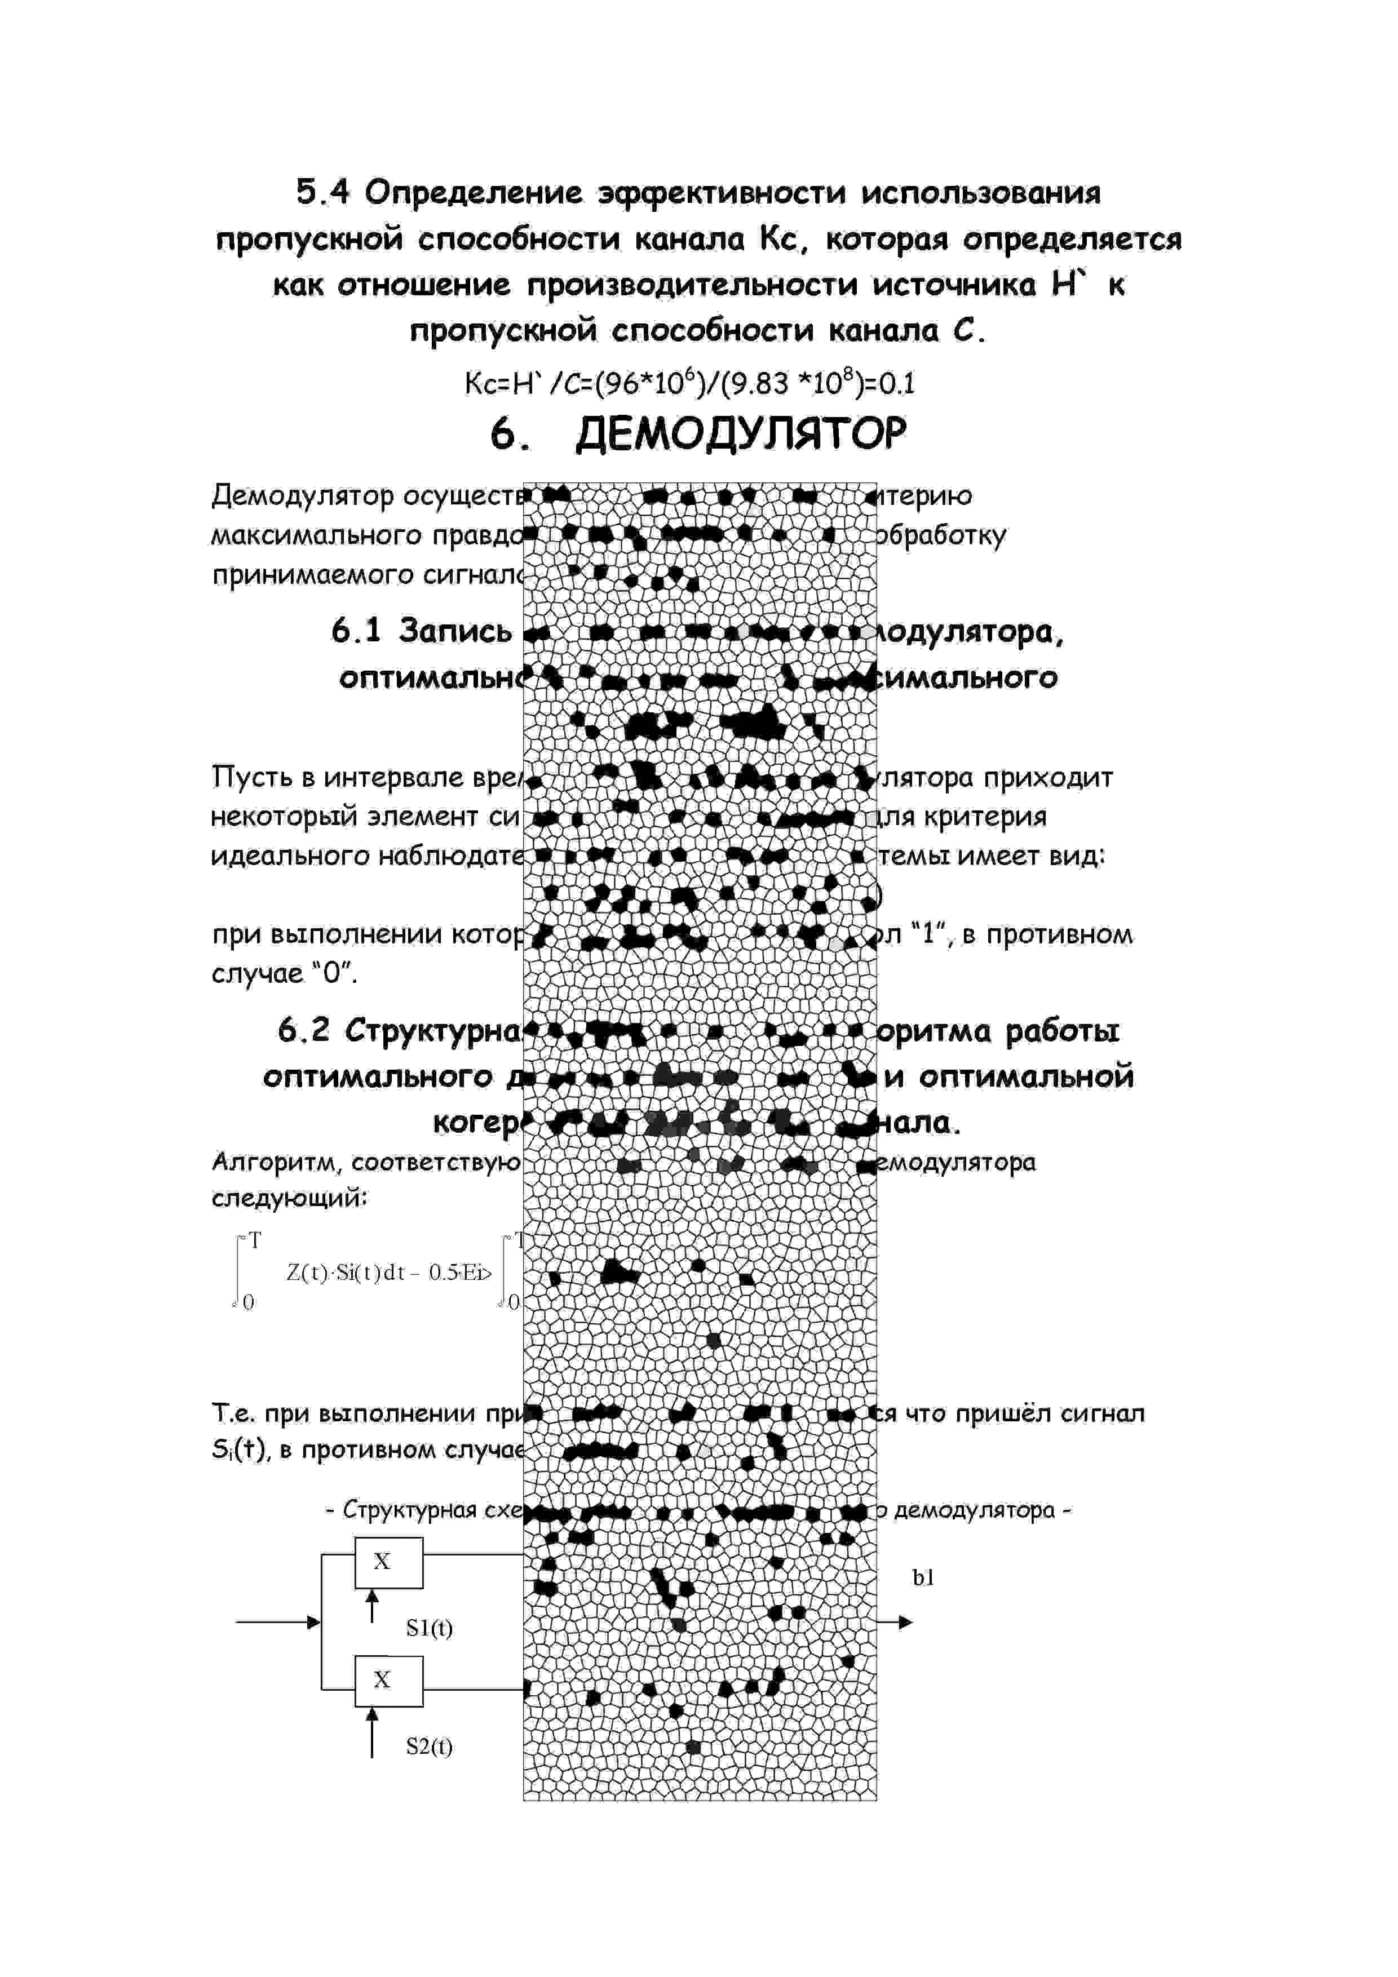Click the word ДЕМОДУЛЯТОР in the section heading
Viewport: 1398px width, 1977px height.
741,435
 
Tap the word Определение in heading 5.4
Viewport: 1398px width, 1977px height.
473,193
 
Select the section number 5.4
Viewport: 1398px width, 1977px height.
323,193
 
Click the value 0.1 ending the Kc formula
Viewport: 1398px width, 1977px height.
897,383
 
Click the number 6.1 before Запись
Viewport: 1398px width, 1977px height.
356,631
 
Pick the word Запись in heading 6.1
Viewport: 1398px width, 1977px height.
455,631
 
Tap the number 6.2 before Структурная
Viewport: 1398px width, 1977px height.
303,1031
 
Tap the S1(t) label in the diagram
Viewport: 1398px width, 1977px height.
429,1628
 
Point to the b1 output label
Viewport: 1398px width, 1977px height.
923,1577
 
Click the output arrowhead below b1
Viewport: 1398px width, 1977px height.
905,1623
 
